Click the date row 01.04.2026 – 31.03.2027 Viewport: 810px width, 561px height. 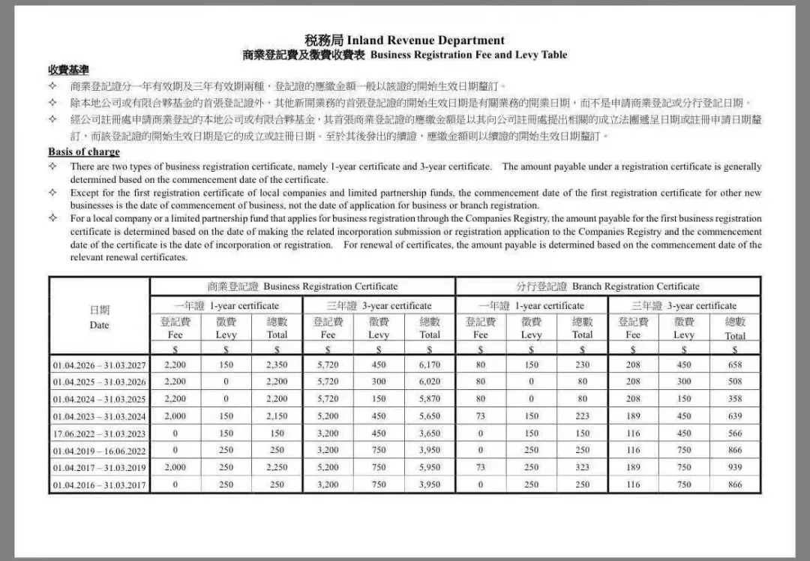pos(99,365)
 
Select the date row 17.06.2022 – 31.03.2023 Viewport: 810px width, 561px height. pos(99,433)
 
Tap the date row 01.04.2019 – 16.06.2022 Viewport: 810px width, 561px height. pos(99,451)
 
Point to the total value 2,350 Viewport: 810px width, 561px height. pos(277,365)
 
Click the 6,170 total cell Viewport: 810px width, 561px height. pos(430,365)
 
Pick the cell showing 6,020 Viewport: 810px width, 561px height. pos(430,382)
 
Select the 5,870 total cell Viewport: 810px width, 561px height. pos(430,399)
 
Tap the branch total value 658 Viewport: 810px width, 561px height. pos(735,365)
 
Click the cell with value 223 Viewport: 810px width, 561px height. pos(582,416)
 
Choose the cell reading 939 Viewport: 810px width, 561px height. pos(735,467)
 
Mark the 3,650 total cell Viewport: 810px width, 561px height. pos(430,433)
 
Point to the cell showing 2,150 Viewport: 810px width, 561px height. pos(277,416)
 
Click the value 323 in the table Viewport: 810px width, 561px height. pos(582,467)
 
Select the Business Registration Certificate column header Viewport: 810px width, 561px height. pos(302,286)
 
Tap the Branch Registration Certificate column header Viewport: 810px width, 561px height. pos(607,286)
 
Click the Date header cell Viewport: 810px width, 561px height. pos(99,317)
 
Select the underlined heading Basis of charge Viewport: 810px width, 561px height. pos(84,152)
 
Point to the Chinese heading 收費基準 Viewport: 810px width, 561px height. pos(68,70)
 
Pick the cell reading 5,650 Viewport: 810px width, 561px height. pos(430,416)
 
